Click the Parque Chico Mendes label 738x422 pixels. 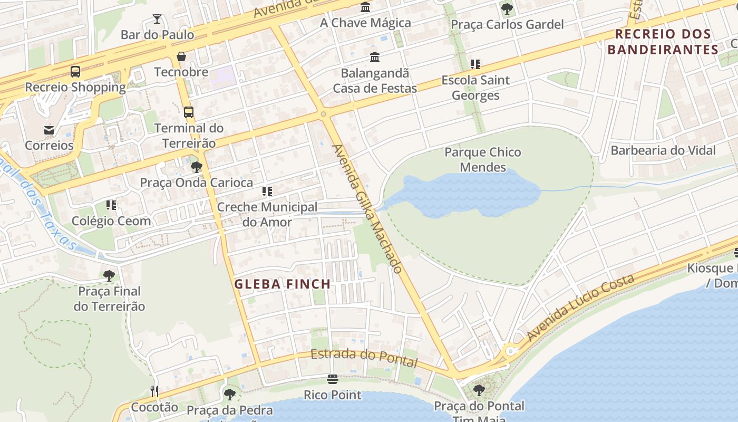tap(483, 160)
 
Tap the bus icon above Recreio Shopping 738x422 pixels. tap(75, 72)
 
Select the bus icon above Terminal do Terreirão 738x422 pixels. tap(189, 112)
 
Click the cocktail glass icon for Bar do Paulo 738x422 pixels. tap(157, 20)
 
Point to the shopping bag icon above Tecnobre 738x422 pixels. tap(181, 56)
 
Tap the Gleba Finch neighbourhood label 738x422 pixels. tap(283, 284)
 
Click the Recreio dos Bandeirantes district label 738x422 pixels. tap(663, 42)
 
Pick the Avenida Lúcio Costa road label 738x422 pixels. tap(580, 307)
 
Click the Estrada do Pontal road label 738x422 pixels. tap(364, 358)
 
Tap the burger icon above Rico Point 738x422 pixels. tap(333, 379)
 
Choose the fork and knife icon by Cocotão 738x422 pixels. tap(154, 391)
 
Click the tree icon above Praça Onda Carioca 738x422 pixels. tap(197, 167)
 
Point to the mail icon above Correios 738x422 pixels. tap(49, 130)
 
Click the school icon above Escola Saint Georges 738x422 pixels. tap(475, 64)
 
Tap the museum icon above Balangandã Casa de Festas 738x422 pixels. tap(375, 57)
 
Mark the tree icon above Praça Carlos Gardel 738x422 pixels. tap(507, 8)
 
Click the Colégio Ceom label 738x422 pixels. tap(111, 221)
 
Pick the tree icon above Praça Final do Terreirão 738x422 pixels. tap(109, 275)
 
